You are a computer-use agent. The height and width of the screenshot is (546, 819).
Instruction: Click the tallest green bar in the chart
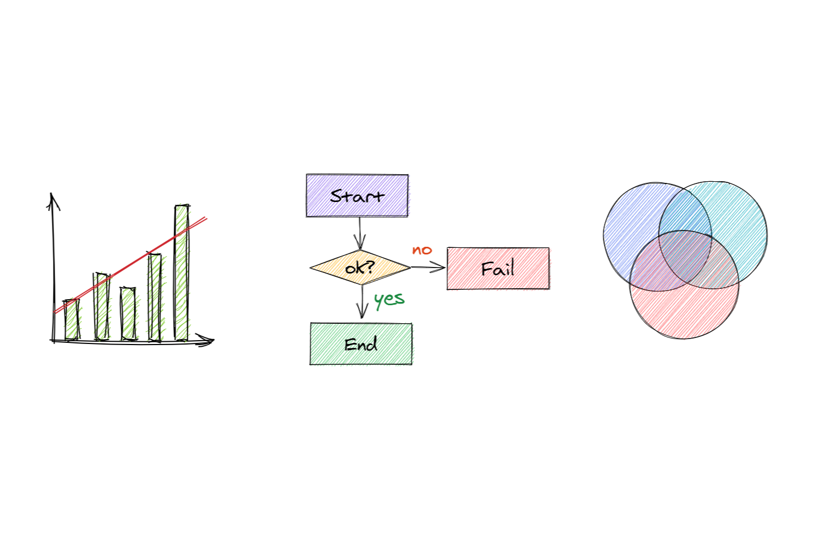182,273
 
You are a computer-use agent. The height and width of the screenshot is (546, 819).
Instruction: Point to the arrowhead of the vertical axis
52,199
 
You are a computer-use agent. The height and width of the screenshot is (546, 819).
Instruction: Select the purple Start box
357,195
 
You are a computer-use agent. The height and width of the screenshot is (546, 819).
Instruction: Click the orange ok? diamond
360,268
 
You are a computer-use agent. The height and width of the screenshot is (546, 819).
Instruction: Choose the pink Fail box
498,269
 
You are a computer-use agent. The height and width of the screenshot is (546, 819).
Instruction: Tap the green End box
361,344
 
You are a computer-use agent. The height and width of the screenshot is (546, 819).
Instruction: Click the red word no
422,251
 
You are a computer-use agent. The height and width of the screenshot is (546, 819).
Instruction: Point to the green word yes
389,299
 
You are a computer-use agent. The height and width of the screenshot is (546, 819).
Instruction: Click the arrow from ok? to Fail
429,268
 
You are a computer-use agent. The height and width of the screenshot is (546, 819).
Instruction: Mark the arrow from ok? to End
362,302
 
